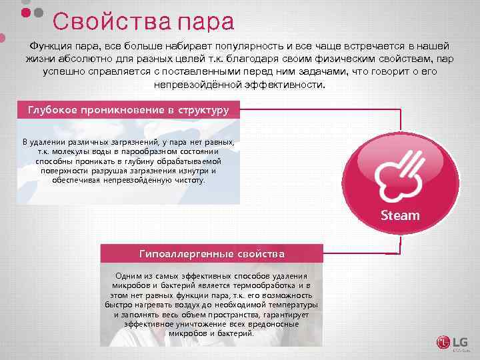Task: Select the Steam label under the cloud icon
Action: point(400,215)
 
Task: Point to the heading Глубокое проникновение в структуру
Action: point(127,109)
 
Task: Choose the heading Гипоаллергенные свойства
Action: point(211,253)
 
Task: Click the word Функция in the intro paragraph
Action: point(51,45)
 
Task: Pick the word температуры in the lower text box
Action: point(292,304)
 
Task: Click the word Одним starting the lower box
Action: point(129,276)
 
